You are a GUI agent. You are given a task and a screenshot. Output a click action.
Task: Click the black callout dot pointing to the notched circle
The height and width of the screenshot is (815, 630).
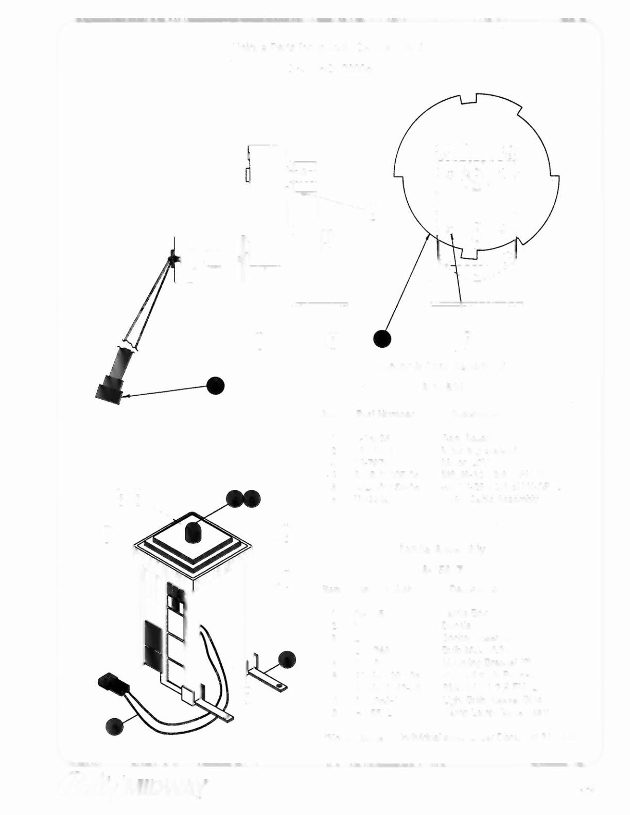click(x=382, y=339)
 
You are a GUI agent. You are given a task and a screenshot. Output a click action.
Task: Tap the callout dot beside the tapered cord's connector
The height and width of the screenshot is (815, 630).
click(x=216, y=385)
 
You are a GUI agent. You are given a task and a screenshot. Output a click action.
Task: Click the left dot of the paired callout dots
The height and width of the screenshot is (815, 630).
click(x=235, y=498)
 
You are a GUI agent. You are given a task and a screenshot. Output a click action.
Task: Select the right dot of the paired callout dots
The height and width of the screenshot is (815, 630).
click(x=252, y=498)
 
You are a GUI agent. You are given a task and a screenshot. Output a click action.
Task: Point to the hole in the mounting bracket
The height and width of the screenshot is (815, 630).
click(x=278, y=685)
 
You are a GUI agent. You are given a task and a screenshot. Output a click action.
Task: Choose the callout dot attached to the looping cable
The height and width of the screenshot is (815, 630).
click(x=114, y=726)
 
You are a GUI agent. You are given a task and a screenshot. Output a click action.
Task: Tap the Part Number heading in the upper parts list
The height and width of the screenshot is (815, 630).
click(x=385, y=414)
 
